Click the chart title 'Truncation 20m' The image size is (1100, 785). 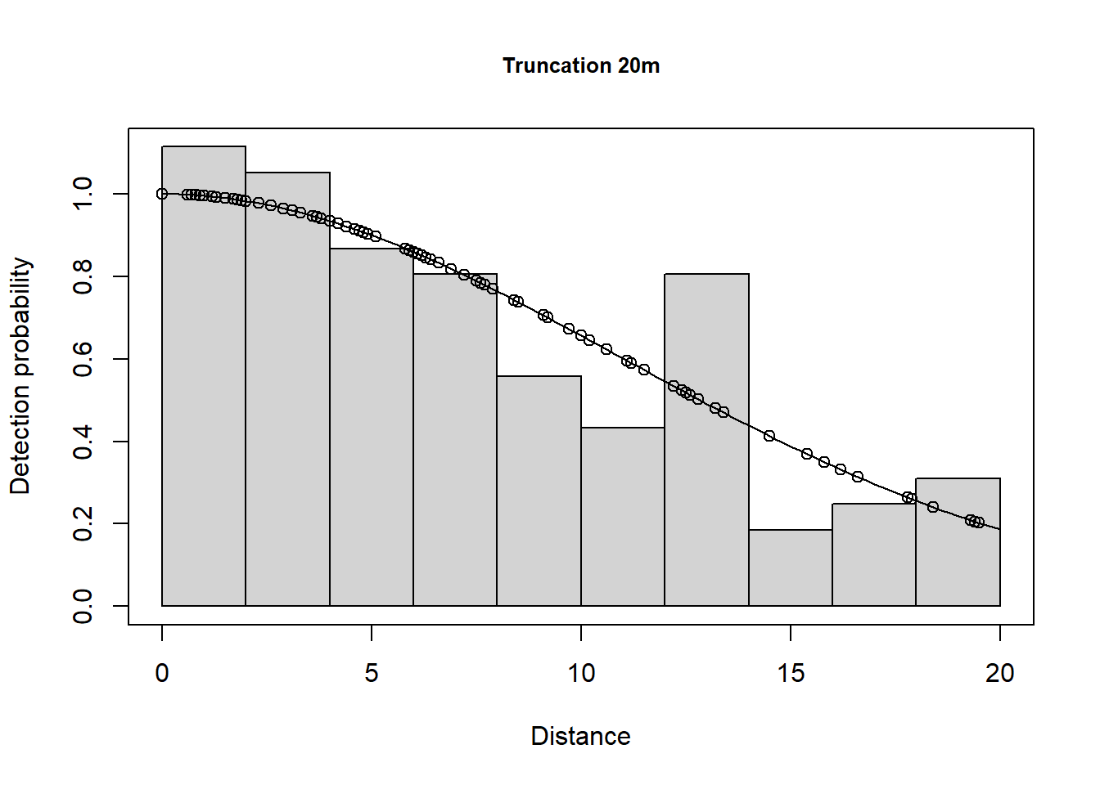(x=581, y=65)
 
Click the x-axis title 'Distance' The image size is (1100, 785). (x=580, y=736)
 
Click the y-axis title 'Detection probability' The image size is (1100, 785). (x=20, y=376)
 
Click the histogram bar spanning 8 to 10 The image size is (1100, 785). (x=539, y=491)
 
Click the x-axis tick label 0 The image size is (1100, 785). (x=162, y=673)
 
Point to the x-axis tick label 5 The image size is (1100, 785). (x=372, y=673)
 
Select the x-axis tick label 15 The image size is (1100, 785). (x=791, y=673)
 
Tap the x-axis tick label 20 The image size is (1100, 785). (x=999, y=673)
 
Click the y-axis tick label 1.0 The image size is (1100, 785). (x=83, y=194)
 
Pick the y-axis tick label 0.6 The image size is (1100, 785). (x=83, y=359)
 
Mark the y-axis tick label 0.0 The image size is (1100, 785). (x=83, y=606)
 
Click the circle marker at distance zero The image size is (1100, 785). (x=162, y=194)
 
